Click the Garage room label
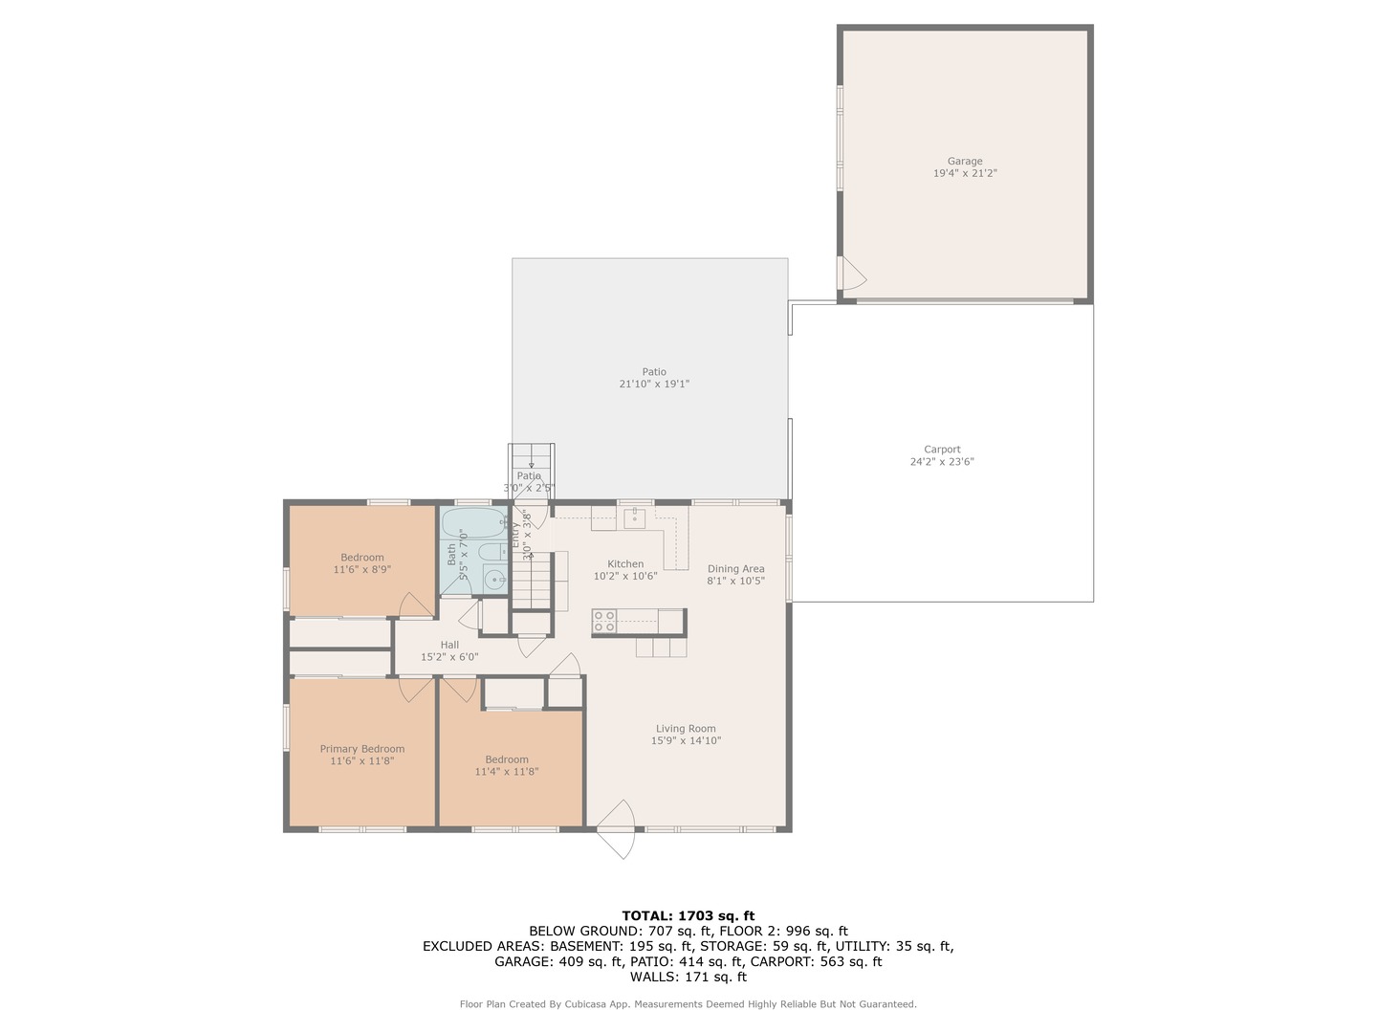point(965,162)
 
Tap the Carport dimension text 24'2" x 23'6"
point(942,462)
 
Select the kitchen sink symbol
point(634,518)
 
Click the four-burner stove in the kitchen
point(603,621)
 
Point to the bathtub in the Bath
point(473,524)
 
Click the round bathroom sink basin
point(494,578)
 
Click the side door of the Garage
point(850,274)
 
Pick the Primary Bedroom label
point(361,749)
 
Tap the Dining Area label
point(735,569)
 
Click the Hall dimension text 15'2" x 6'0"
point(449,657)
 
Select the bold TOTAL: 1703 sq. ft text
point(688,915)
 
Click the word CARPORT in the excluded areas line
point(781,961)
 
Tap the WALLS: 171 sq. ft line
point(688,977)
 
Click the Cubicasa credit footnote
point(688,1004)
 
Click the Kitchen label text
point(625,563)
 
